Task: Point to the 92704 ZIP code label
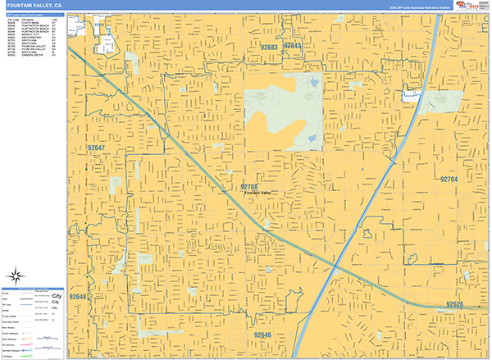[x=448, y=178]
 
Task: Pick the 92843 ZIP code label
[x=293, y=46]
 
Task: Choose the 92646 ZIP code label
[x=262, y=335]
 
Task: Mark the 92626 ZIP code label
[x=455, y=304]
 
